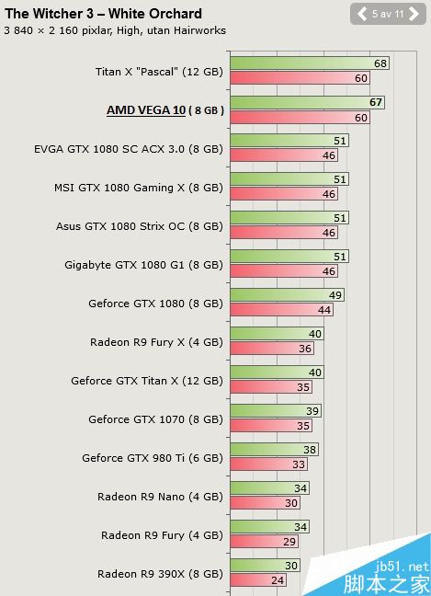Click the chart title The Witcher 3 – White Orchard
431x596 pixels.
tap(103, 14)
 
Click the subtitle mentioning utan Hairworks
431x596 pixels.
tap(115, 30)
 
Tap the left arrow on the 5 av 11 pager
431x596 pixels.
tap(362, 14)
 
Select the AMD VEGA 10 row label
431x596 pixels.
tap(164, 110)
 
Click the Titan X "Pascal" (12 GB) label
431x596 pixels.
tap(159, 71)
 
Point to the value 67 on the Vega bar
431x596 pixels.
tap(376, 102)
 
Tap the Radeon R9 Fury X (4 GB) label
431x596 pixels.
tap(156, 342)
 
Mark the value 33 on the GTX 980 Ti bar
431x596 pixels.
tap(299, 465)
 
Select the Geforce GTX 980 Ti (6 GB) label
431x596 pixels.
tap(152, 458)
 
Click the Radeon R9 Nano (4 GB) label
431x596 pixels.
tap(160, 497)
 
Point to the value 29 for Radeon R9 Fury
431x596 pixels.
tap(289, 543)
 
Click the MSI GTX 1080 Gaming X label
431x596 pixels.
tap(138, 188)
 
